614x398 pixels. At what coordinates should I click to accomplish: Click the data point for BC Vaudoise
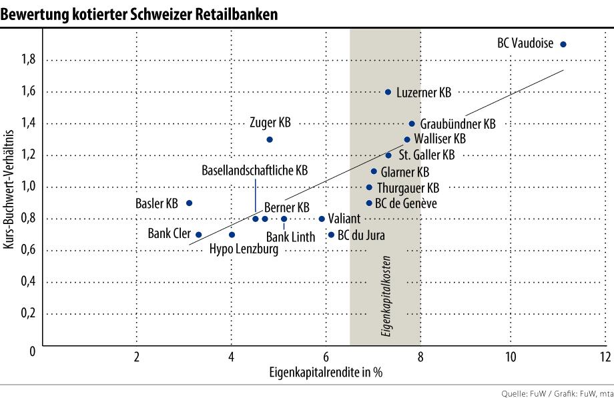tap(563, 44)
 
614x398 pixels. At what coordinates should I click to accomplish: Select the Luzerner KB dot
tap(388, 92)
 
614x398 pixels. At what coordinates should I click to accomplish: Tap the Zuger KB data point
tap(269, 139)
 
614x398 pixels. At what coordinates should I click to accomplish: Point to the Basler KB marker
tap(189, 203)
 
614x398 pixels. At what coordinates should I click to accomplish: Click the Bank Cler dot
tap(198, 235)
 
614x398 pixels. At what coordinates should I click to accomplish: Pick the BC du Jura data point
tap(331, 235)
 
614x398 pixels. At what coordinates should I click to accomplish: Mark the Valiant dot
tap(322, 219)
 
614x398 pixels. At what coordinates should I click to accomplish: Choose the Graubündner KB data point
tap(412, 123)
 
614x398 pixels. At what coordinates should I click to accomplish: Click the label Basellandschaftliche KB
tap(255, 171)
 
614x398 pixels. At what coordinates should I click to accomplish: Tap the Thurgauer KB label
tap(408, 187)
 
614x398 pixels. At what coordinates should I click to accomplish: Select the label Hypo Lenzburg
tap(244, 249)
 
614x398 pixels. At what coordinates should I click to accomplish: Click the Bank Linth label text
tap(290, 236)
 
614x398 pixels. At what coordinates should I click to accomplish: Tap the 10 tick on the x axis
tap(511, 355)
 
